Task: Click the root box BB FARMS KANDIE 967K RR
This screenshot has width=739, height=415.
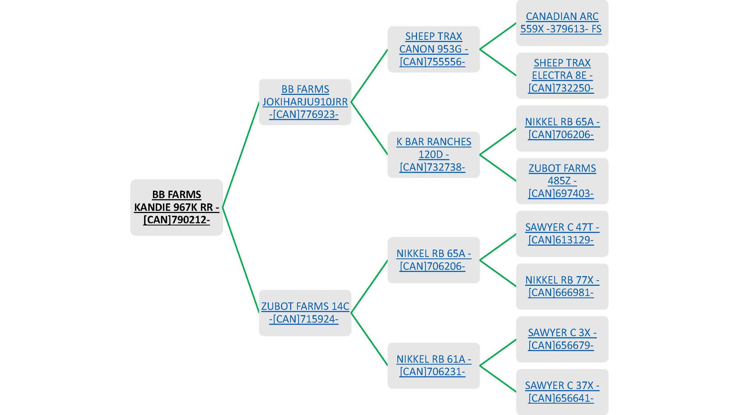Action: pos(176,207)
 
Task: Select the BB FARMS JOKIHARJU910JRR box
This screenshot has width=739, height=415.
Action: pos(305,102)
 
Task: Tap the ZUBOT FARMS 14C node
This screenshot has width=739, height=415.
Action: pos(305,313)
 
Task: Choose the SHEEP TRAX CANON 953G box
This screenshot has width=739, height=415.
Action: pos(433,49)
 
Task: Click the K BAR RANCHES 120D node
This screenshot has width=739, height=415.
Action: pos(433,155)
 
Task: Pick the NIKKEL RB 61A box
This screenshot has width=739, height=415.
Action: pos(433,365)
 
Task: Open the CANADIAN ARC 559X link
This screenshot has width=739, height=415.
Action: pos(562,22)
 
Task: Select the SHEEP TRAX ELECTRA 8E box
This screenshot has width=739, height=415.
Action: pos(562,76)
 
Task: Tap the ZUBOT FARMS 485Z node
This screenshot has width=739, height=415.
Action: pos(562,181)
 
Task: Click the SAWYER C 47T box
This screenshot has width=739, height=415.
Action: pos(562,234)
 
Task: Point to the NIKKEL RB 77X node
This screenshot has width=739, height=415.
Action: pos(562,286)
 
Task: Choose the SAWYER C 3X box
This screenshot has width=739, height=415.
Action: pos(562,339)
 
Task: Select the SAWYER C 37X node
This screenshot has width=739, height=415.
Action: pos(562,392)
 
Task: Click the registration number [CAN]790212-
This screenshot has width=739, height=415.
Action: pos(176,220)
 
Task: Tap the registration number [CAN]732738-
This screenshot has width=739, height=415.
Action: pos(432,167)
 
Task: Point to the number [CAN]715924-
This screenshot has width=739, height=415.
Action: pos(304,319)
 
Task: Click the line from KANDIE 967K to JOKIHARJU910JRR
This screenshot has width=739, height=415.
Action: pos(241,155)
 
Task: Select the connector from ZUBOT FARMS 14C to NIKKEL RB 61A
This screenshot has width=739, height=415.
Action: pos(369,339)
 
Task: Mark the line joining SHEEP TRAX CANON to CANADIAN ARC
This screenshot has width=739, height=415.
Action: pos(498,36)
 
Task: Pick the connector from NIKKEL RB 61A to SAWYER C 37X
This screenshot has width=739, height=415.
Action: pos(498,379)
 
